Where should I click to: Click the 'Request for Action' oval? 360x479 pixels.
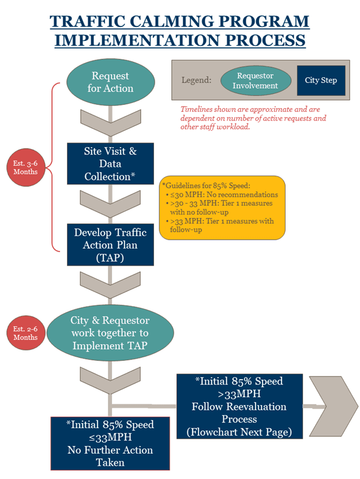tap(111, 82)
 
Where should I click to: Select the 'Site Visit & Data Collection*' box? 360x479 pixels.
tap(111, 164)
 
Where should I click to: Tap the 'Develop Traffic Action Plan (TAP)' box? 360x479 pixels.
tap(111, 245)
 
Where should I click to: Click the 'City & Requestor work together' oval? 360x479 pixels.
tap(110, 333)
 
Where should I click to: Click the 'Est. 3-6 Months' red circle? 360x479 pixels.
tap(25, 167)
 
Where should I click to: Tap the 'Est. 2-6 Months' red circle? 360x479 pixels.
tap(25, 333)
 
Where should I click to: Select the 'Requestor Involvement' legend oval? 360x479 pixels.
tap(255, 81)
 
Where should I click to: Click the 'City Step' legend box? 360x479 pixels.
tap(321, 81)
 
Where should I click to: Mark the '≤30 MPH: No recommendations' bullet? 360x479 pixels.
tap(224, 195)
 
